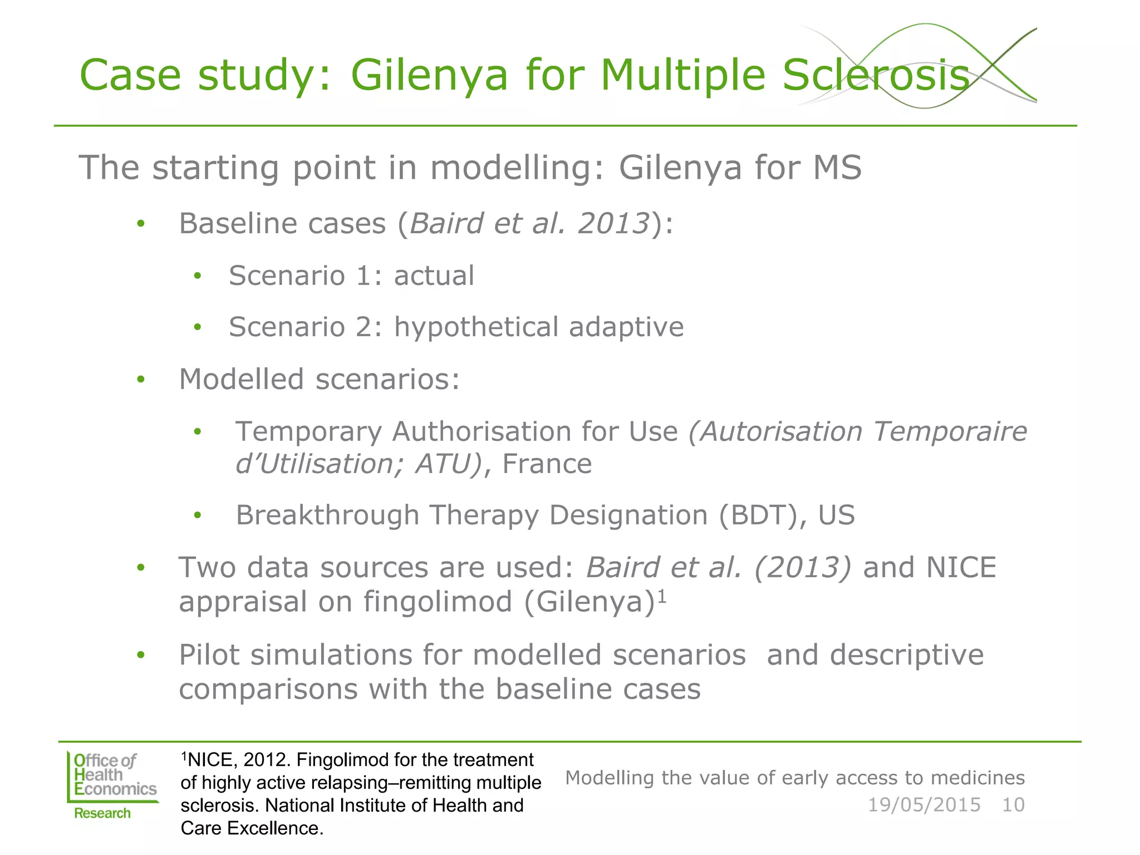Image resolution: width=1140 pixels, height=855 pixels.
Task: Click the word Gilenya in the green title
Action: click(x=429, y=76)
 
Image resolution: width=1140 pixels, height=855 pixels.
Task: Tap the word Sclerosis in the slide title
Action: click(x=876, y=76)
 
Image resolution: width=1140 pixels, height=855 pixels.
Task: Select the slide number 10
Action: click(x=1013, y=805)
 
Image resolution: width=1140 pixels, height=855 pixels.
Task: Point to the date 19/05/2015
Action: click(x=924, y=805)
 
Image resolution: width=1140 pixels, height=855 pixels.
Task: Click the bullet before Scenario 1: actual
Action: click(x=197, y=276)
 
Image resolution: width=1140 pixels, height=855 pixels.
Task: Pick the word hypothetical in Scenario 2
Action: click(x=476, y=327)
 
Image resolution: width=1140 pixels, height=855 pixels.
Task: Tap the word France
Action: click(x=547, y=464)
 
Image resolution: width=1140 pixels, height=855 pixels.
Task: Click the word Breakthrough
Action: click(x=327, y=515)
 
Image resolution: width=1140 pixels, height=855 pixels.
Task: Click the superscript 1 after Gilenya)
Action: click(x=662, y=596)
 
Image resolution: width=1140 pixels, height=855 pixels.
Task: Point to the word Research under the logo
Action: click(x=102, y=813)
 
